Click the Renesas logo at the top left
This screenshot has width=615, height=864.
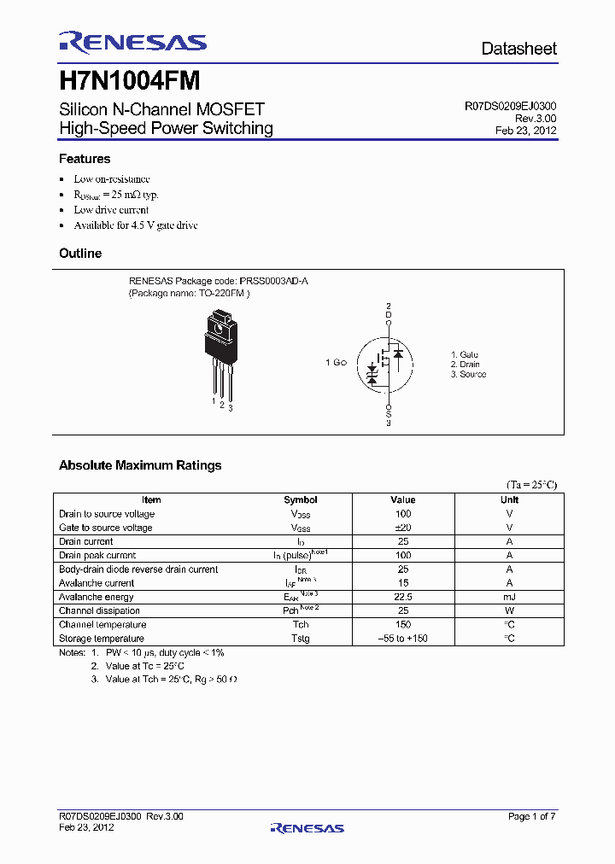pos(132,42)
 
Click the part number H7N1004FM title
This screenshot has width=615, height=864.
pos(130,81)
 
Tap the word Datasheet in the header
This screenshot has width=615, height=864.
pos(518,49)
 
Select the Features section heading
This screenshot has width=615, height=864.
pos(85,159)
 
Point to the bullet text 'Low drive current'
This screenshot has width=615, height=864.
pos(111,210)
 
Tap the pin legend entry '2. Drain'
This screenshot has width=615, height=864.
pos(465,365)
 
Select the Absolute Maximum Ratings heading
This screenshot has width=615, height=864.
pos(140,465)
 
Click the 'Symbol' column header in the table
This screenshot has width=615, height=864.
pos(300,500)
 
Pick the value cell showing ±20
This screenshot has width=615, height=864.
pos(402,528)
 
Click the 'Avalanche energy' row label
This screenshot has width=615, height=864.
pos(97,597)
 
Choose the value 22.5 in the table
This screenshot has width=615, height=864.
pos(402,597)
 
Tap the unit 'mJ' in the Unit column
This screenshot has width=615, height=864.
pos(509,597)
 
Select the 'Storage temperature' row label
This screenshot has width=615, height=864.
pos(102,639)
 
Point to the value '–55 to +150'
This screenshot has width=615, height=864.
pos(402,639)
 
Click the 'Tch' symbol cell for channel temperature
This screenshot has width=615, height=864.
pos(300,625)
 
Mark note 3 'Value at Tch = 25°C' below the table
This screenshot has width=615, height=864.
pos(171,680)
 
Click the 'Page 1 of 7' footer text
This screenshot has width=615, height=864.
pos(531,817)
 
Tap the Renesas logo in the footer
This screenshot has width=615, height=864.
pos(307,828)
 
